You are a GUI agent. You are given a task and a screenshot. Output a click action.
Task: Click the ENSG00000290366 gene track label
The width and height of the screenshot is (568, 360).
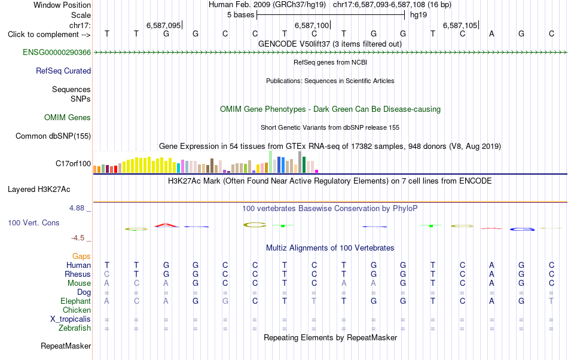point(57,53)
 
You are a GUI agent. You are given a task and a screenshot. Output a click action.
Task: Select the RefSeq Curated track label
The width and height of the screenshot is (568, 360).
point(63,71)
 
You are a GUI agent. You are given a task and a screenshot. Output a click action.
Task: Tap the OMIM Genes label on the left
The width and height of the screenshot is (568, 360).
point(68,118)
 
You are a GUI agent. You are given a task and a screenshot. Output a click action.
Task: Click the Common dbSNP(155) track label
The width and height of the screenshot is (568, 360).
point(53,136)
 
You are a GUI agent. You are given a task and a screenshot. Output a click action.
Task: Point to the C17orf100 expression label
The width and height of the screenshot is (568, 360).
point(73,164)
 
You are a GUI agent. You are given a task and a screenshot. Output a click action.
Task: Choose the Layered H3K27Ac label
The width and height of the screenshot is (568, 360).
point(39,190)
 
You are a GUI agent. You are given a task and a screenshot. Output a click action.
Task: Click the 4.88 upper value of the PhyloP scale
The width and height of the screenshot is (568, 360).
point(77,208)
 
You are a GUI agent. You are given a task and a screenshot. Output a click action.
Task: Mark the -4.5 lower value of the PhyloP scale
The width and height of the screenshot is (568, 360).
point(78,238)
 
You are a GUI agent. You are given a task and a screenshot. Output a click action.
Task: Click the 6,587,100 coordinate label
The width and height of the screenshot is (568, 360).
point(312,25)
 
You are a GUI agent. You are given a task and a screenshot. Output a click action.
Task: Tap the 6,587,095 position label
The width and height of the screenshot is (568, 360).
point(163,25)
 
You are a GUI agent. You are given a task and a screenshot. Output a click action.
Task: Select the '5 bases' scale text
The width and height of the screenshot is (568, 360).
point(240,15)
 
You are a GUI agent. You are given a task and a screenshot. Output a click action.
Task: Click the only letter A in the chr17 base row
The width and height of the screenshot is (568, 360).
point(491,34)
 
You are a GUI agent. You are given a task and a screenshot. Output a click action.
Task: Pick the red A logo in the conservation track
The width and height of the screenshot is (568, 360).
point(166,225)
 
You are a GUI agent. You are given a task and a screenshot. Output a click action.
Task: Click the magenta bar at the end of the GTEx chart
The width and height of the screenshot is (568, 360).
point(317,171)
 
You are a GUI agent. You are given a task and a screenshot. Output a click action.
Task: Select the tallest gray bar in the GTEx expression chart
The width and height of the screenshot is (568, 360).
point(300,162)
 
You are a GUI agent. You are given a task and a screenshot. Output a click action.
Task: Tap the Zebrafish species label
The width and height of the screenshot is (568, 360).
point(75,328)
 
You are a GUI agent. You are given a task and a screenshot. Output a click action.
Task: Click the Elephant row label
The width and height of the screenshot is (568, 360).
point(76,301)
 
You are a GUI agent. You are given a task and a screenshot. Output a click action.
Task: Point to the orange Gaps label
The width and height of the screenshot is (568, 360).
point(81,257)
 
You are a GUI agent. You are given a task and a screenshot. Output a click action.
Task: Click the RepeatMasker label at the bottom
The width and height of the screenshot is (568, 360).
point(66,346)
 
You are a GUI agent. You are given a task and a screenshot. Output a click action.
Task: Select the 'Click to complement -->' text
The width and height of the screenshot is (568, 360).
point(49,35)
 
